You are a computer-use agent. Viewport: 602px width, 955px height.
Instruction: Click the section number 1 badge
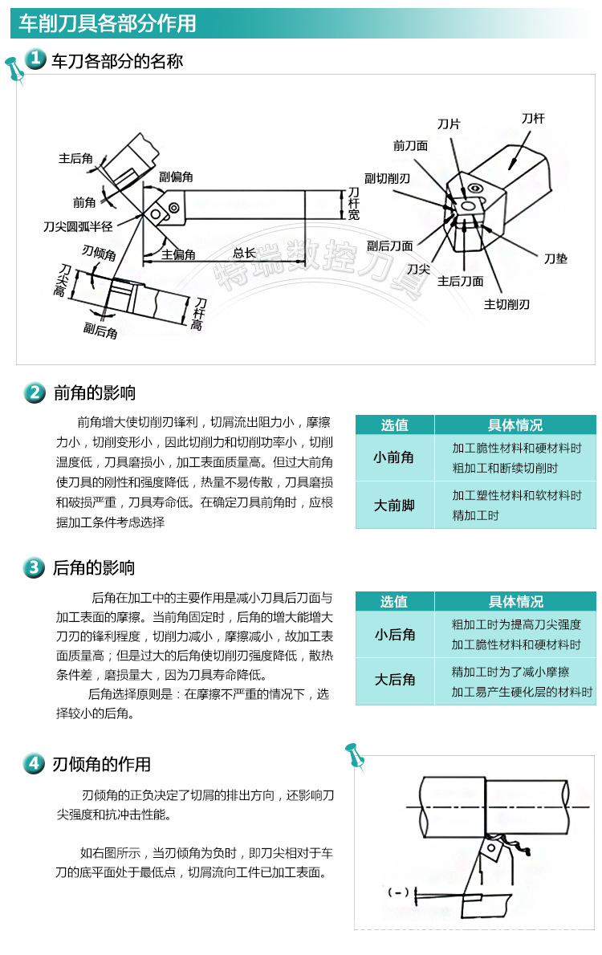tap(35, 59)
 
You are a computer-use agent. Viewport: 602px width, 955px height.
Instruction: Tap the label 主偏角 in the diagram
tap(178, 254)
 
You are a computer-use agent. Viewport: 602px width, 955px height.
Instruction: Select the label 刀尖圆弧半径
tap(78, 227)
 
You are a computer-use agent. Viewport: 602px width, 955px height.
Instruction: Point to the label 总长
tap(244, 253)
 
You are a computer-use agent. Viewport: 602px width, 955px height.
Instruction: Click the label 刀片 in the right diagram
tap(449, 124)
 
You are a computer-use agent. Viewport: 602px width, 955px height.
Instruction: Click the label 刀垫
tap(555, 258)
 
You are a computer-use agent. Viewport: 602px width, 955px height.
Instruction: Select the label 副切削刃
tap(388, 178)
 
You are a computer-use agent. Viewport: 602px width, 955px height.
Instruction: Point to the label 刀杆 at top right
tap(533, 118)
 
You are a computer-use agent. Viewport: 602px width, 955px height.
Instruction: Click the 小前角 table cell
tap(394, 457)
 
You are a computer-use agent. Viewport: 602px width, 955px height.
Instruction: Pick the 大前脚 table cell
tap(394, 506)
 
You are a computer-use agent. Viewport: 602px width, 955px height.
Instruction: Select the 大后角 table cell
tap(395, 680)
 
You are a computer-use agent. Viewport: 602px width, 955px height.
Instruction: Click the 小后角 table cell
tap(395, 634)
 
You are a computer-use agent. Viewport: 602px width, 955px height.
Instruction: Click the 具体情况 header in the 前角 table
tap(515, 425)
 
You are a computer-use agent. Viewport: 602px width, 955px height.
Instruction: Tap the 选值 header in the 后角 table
tap(394, 601)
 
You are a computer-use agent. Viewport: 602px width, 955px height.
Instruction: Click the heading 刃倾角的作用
tap(102, 764)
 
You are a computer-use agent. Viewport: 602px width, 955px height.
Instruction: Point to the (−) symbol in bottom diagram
tap(398, 892)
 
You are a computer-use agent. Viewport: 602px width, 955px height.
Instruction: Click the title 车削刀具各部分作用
tap(108, 23)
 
